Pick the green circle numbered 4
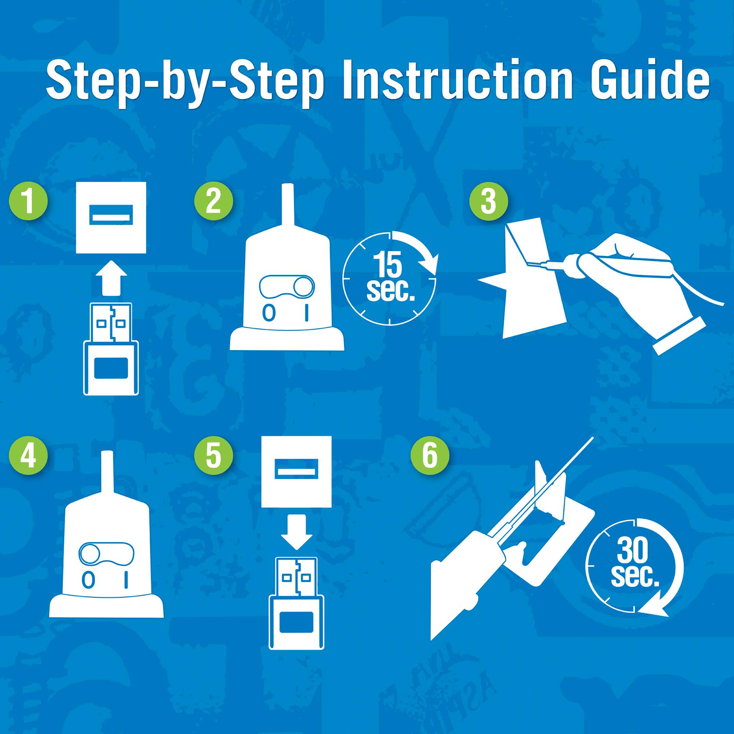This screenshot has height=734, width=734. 29,455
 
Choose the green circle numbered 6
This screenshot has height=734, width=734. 430,455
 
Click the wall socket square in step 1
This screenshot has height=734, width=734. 111,217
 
